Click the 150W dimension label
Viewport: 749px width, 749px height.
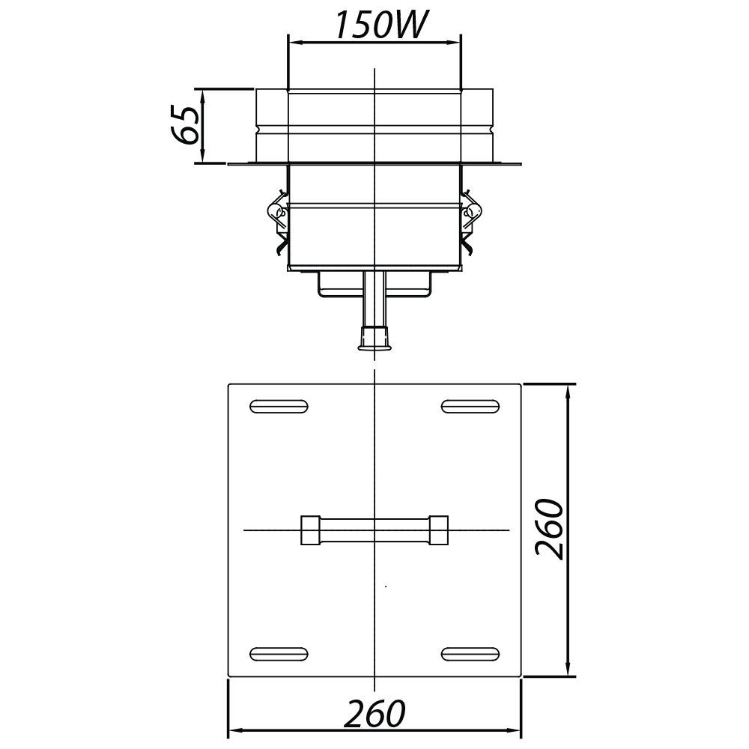(380, 25)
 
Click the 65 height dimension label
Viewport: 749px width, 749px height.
(184, 125)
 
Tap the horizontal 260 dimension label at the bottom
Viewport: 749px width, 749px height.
(375, 714)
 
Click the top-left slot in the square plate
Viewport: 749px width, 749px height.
(279, 406)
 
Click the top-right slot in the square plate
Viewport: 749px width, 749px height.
(470, 406)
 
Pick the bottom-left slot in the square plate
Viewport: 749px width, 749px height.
(279, 654)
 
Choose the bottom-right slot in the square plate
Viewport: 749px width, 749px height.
(470, 654)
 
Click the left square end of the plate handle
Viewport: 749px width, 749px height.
(311, 530)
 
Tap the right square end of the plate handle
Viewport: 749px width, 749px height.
(438, 530)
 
